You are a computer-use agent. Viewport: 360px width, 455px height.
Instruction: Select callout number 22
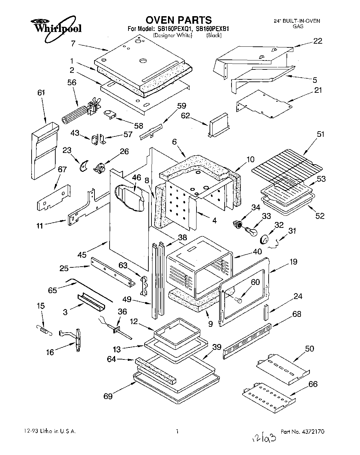click(x=318, y=41)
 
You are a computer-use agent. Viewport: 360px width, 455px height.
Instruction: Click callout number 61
click(x=42, y=93)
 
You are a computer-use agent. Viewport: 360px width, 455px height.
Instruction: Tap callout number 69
click(x=108, y=396)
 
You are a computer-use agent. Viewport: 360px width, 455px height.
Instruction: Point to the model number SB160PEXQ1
click(x=173, y=29)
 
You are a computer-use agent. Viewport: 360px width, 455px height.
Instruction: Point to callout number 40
click(x=257, y=252)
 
